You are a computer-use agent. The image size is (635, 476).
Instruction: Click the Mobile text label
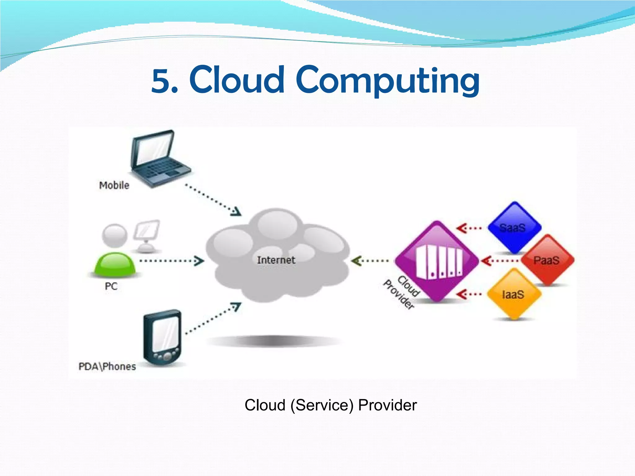[x=114, y=185]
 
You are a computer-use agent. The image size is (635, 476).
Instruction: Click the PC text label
[x=111, y=286]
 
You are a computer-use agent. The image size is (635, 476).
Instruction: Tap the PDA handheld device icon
[x=162, y=338]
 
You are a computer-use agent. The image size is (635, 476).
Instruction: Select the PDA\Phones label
[x=107, y=367]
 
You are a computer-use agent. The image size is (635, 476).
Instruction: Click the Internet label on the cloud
[x=276, y=260]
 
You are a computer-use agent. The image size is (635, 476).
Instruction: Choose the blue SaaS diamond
[x=514, y=227]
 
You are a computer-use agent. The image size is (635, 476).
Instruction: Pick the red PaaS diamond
[x=547, y=260]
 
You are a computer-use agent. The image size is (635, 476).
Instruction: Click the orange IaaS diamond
[x=513, y=294]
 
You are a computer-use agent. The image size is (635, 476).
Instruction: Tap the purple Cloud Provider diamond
[x=437, y=260]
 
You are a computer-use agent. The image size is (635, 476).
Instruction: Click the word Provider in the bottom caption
[x=388, y=405]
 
